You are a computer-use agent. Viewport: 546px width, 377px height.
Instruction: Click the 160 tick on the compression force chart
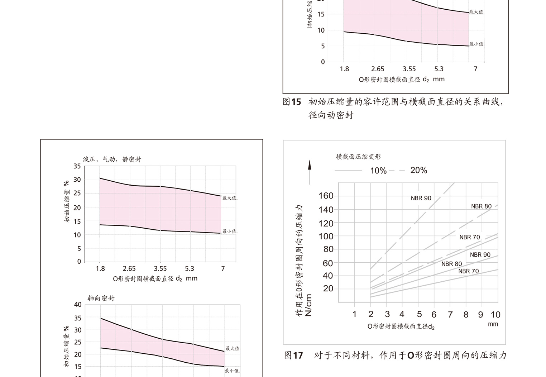point(326,196)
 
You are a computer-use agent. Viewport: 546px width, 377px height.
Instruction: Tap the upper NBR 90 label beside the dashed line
point(421,198)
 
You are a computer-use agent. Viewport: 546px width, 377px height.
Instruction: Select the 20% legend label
point(418,170)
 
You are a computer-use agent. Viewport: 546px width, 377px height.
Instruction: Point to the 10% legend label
point(378,171)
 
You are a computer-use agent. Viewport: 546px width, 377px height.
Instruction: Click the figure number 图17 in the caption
point(293,355)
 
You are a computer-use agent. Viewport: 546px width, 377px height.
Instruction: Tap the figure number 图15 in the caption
point(292,102)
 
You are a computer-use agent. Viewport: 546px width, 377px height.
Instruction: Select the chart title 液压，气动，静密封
point(112,159)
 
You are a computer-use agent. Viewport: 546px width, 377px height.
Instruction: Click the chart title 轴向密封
point(101,298)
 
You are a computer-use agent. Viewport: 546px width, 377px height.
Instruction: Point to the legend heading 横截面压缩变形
point(358,157)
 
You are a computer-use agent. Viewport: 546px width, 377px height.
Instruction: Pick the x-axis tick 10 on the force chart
point(495,315)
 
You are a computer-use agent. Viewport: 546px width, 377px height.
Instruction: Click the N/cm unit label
point(308,305)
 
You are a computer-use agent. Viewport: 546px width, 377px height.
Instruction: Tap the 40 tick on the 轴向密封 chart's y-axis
point(78,305)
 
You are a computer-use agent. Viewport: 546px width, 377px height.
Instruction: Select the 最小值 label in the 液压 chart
point(230,232)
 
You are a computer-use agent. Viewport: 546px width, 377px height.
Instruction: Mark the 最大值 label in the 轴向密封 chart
point(233,348)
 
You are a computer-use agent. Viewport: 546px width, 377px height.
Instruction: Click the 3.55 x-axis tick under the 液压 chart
point(160,268)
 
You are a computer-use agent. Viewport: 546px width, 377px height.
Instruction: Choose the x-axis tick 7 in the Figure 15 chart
point(475,69)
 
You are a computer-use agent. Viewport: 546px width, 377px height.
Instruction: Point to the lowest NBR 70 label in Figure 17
point(468,271)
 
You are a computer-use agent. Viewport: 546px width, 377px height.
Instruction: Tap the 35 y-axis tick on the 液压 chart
point(77,166)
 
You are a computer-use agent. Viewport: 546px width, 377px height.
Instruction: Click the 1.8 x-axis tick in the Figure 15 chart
point(344,69)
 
